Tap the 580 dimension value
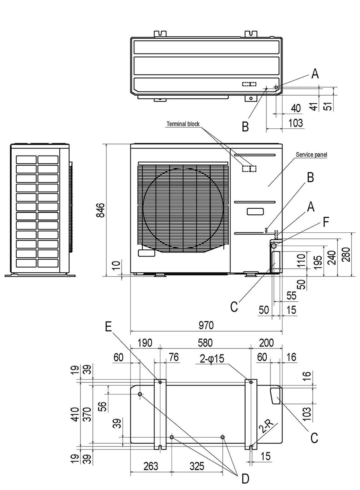(205, 343)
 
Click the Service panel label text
(311, 154)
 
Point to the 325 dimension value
(197, 466)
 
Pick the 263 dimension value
(150, 466)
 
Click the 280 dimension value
(346, 254)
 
